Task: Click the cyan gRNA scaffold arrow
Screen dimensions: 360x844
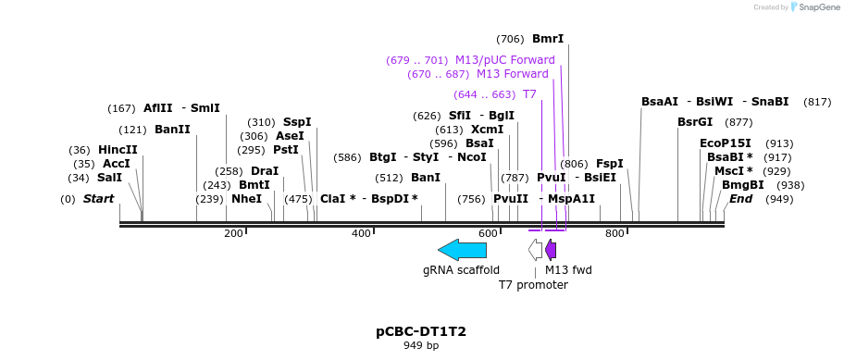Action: tap(462, 249)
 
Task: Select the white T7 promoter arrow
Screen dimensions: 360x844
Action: tap(535, 249)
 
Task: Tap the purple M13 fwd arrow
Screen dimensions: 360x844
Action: tap(551, 249)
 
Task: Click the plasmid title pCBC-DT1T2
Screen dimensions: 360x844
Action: tap(421, 331)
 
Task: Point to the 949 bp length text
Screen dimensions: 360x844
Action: tap(421, 346)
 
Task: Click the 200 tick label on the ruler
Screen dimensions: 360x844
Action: tap(233, 233)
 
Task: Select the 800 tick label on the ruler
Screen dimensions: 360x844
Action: tap(614, 233)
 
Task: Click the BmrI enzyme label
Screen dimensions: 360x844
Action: tap(548, 39)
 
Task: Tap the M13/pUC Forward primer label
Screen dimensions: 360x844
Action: tap(504, 60)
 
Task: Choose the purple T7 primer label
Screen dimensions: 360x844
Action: tap(529, 94)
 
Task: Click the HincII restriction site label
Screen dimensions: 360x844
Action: tap(118, 150)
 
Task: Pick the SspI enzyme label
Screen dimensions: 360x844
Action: tap(297, 122)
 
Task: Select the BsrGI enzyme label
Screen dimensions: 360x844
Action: tap(695, 122)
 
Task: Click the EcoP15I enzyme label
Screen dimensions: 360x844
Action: tap(726, 143)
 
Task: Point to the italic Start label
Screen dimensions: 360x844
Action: tap(98, 199)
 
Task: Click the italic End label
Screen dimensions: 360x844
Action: tap(740, 199)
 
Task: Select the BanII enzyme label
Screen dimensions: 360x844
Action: tap(172, 130)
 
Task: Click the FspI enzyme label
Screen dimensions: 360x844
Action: tap(609, 164)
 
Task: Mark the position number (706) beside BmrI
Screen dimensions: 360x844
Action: tap(510, 39)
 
